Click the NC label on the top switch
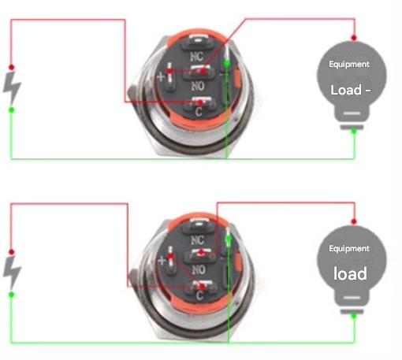197,56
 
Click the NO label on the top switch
198,86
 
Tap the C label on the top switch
199,112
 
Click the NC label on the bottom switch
197,240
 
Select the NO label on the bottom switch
199,269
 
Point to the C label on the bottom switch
199,295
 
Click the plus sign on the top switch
161,77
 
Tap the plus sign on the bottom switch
162,261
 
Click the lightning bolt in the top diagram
12,87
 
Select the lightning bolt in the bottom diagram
12,272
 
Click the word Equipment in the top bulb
349,65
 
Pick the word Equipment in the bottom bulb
349,249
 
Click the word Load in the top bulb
346,90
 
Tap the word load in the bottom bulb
350,273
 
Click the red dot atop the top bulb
354,38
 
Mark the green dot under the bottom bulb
354,316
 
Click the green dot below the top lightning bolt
12,109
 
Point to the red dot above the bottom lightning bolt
11,252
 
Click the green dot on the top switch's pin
227,63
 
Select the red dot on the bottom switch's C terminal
202,287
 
